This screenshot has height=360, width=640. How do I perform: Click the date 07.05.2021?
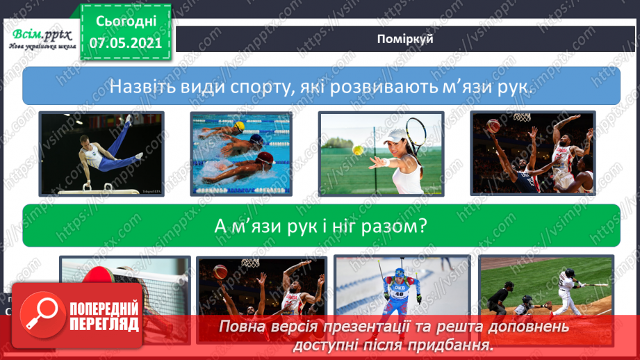point(125,42)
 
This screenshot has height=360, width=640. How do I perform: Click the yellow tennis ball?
point(356,149)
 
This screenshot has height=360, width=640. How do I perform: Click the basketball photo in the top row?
point(533,154)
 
